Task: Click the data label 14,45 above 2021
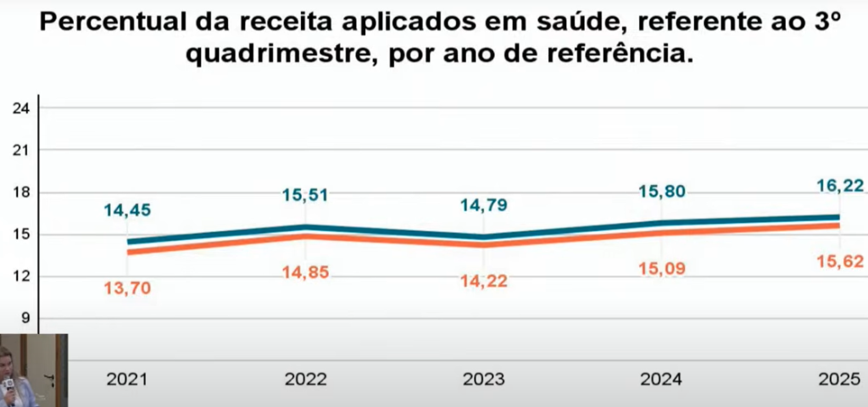click(x=127, y=210)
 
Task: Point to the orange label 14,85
click(x=305, y=272)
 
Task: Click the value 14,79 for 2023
click(x=485, y=204)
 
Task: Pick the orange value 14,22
click(x=485, y=282)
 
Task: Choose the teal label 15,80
click(x=663, y=191)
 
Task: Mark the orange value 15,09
click(x=663, y=270)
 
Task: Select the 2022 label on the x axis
click(x=305, y=380)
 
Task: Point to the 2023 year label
click(x=484, y=380)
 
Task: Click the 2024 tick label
click(x=662, y=380)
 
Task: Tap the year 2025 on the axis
click(x=840, y=380)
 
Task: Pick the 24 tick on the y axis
click(x=22, y=109)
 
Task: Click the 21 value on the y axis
click(x=22, y=150)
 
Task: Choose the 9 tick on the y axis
click(x=25, y=318)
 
